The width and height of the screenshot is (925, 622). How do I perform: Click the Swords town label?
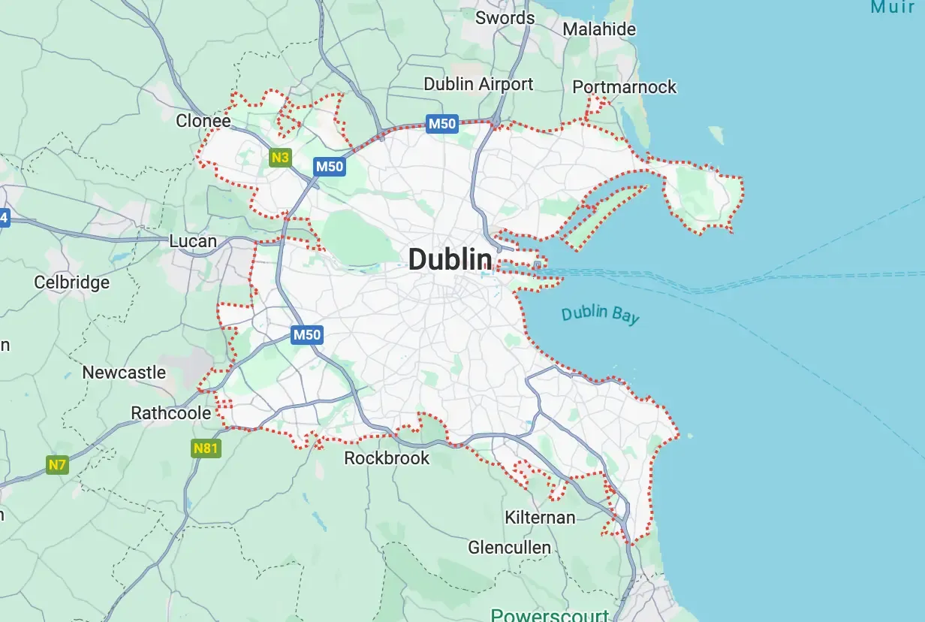tap(505, 18)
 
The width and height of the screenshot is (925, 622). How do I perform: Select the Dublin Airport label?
tap(478, 84)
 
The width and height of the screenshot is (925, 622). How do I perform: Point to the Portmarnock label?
tap(624, 87)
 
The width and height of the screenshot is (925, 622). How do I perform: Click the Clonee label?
tap(203, 121)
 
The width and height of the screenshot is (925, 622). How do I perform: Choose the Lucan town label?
tap(193, 242)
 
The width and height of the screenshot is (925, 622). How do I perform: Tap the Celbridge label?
tap(72, 282)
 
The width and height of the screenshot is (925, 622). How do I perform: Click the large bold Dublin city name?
tap(450, 260)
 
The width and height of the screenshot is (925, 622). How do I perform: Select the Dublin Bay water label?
tap(600, 314)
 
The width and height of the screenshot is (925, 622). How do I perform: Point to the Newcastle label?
tap(124, 373)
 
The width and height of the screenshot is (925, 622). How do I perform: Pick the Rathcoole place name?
tap(167, 413)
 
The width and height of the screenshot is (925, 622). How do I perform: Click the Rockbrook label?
tap(387, 458)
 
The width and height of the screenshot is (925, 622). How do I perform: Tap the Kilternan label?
tap(540, 518)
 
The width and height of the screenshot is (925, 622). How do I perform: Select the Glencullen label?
tap(509, 548)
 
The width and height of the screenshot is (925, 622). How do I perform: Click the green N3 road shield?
tap(280, 158)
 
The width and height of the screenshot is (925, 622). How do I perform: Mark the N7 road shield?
tap(58, 464)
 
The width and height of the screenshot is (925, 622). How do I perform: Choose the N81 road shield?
tap(206, 449)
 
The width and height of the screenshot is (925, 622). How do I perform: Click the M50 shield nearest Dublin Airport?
tap(441, 124)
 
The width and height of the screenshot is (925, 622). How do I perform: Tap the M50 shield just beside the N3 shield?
tap(330, 167)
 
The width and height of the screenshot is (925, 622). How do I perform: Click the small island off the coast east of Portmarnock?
tap(717, 135)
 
